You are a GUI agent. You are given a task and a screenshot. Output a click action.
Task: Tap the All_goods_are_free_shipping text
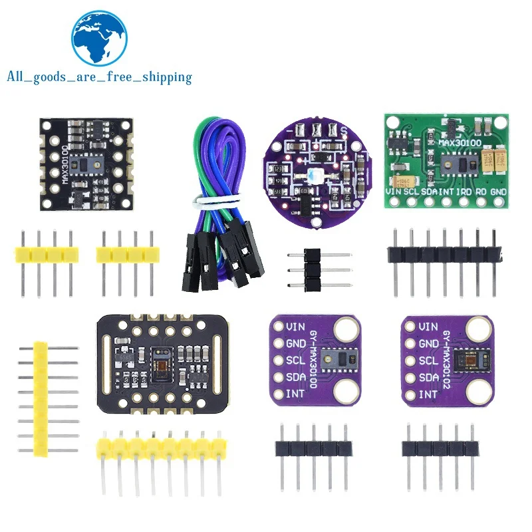tap(99, 77)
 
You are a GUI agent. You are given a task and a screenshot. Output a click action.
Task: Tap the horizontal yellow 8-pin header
tap(159, 444)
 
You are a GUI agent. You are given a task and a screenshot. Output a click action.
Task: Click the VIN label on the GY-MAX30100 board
tap(296, 327)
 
